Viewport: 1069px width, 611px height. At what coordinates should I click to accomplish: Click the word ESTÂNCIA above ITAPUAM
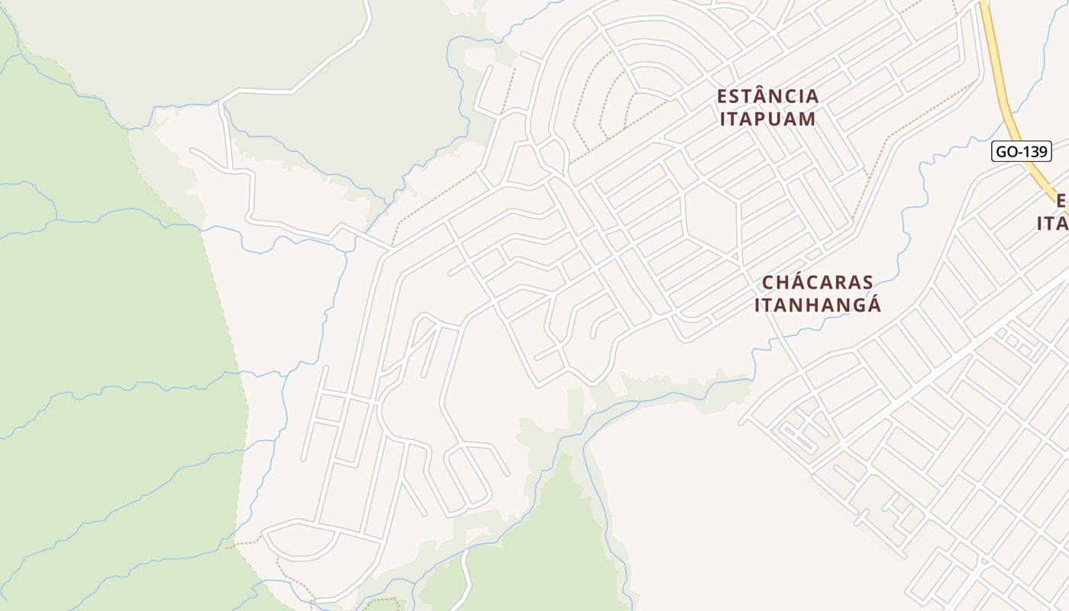[767, 96]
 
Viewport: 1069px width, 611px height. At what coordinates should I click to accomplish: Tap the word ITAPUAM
[767, 118]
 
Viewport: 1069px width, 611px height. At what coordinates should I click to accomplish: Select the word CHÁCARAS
[818, 283]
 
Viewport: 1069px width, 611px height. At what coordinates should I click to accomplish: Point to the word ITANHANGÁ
[818, 305]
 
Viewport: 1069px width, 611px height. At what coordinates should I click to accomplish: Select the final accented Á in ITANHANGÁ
[874, 304]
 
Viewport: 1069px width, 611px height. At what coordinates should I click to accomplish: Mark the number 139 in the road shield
[1033, 151]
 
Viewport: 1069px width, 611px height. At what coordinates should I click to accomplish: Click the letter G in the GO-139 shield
[1002, 151]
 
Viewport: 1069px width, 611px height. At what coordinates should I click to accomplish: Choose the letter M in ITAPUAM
[808, 118]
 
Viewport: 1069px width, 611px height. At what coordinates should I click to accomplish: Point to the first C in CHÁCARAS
[769, 283]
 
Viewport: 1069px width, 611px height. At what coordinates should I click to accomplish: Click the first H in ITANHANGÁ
[806, 305]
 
